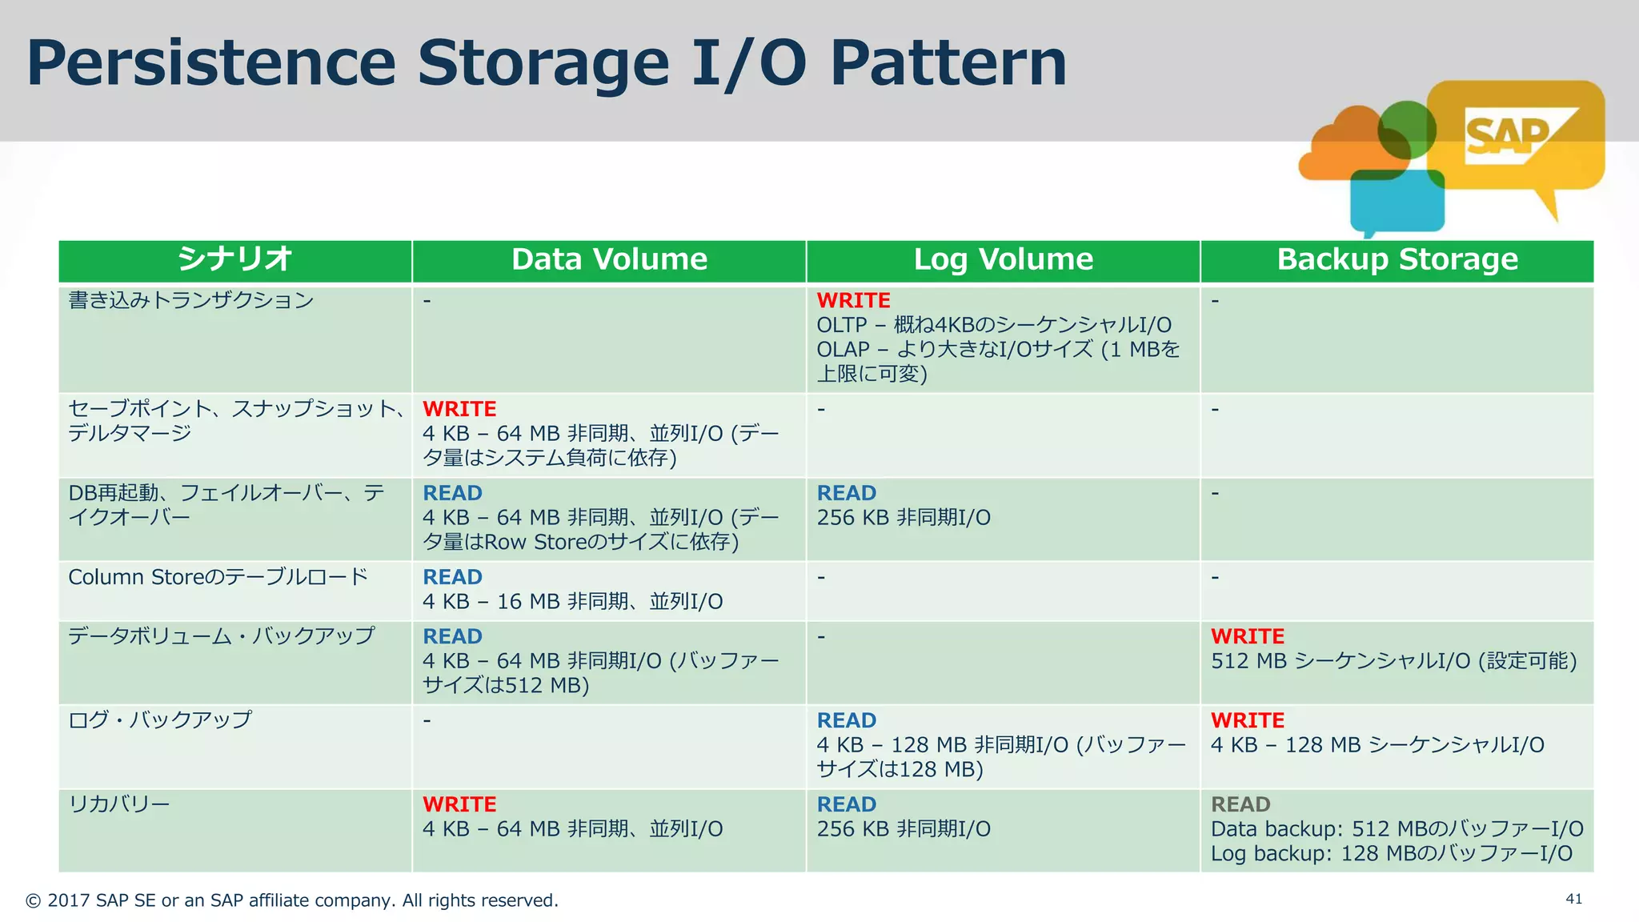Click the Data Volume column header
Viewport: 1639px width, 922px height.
609,259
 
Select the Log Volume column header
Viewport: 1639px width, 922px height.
1003,259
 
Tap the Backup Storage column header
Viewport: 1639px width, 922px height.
1397,259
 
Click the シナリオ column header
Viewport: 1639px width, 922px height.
234,259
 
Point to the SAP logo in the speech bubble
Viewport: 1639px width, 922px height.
1508,136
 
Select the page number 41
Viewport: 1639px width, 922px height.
1573,899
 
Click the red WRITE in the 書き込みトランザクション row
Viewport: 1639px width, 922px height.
853,300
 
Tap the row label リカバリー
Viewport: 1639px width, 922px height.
119,804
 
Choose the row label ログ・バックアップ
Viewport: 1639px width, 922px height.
160,720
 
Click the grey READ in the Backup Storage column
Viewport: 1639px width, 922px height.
1240,804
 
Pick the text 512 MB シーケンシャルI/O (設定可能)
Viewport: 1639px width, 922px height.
1393,661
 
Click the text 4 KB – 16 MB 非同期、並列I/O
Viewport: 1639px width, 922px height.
572,602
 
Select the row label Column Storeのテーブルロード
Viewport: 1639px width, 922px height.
218,577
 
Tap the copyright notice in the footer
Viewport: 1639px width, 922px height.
292,900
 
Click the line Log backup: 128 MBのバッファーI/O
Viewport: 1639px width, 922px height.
1391,853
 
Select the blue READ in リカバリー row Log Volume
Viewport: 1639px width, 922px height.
846,804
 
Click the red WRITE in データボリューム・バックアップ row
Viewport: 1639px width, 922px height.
1247,636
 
